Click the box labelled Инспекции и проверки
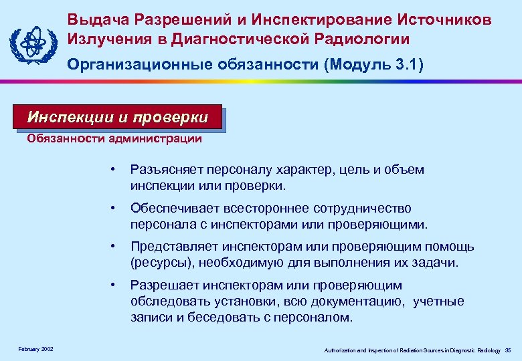[x=117, y=118]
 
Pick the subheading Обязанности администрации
[x=114, y=139]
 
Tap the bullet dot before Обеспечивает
[x=114, y=209]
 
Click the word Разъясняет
[x=167, y=170]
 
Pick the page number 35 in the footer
[x=508, y=350]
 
